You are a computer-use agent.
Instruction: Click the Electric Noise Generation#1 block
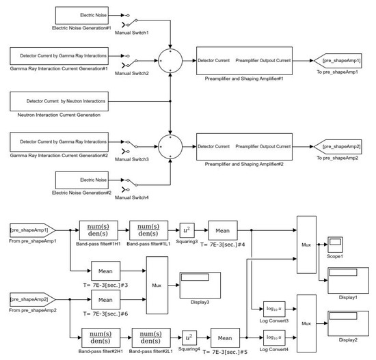tap(81, 15)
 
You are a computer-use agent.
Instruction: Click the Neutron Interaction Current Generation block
tap(59, 102)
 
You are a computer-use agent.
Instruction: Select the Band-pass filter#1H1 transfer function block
tap(98, 230)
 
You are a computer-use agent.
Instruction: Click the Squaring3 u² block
tap(188, 230)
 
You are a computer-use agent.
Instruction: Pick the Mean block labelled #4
tap(222, 230)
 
